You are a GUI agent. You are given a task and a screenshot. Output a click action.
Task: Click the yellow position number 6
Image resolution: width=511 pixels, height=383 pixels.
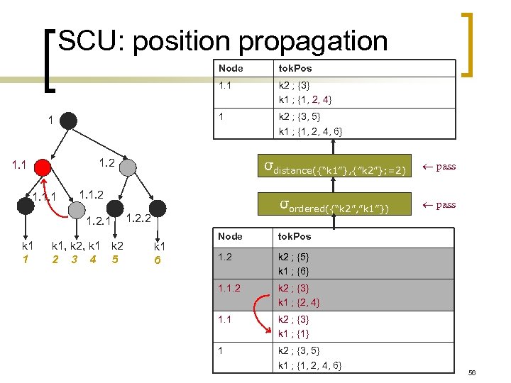[159, 260]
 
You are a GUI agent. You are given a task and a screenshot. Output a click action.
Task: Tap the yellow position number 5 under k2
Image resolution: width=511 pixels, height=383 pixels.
[114, 260]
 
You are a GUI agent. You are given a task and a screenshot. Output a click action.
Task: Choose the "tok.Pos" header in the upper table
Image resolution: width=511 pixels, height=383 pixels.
[295, 68]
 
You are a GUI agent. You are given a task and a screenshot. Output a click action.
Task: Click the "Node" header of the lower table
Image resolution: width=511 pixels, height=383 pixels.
[230, 236]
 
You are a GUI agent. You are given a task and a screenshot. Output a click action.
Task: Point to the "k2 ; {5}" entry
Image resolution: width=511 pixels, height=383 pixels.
[294, 257]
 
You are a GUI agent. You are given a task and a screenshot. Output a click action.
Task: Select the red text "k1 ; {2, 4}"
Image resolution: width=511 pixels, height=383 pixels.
[299, 302]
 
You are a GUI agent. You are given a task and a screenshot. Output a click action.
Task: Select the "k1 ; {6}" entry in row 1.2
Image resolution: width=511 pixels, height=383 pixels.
[294, 271]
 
